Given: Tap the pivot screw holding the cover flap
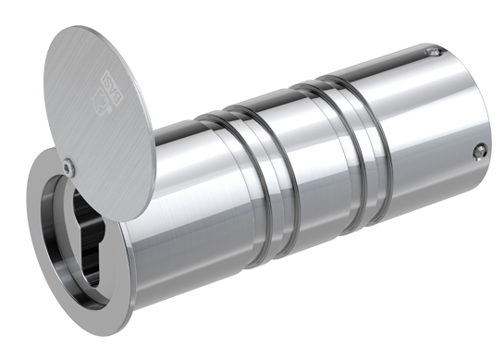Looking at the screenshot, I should [x=70, y=167].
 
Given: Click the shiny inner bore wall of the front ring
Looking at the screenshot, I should [x=69, y=264].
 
